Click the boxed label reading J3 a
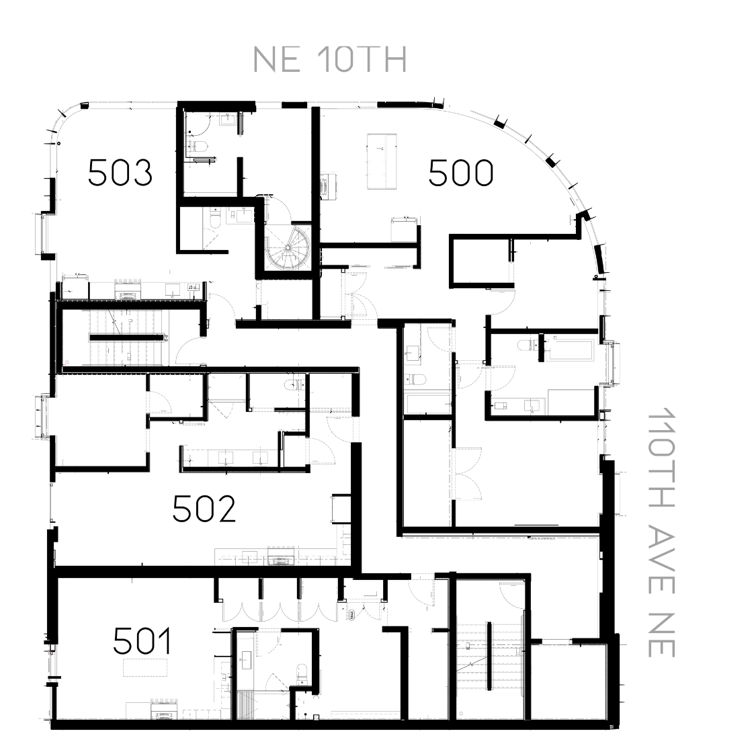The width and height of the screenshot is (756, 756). click(x=192, y=288)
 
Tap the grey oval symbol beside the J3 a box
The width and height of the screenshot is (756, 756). click(x=127, y=296)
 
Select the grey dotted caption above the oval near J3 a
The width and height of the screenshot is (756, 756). click(x=128, y=281)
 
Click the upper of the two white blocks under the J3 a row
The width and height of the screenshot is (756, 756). click(x=126, y=318)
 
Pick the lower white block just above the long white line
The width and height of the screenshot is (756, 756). click(x=124, y=356)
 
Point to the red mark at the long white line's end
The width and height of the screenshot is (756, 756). click(x=65, y=365)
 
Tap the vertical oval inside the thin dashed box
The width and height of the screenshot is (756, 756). click(x=323, y=185)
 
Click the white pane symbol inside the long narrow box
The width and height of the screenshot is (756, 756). click(x=500, y=406)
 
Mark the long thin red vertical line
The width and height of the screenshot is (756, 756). click(x=50, y=501)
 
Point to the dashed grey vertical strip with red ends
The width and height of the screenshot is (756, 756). click(x=46, y=417)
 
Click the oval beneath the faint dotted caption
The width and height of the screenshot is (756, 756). click(x=282, y=560)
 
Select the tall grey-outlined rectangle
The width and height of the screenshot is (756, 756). click(x=245, y=664)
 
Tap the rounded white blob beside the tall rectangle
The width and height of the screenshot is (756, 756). click(x=219, y=677)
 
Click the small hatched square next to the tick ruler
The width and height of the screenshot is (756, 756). click(x=316, y=718)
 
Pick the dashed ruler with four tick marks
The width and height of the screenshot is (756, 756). click(x=366, y=715)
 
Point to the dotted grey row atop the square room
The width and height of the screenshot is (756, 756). click(x=569, y=646)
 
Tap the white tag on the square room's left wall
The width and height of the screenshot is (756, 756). click(x=518, y=651)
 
